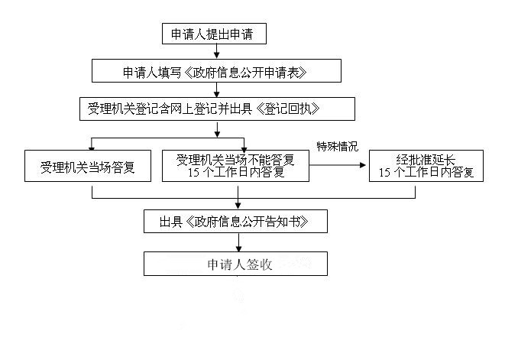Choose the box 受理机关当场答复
pos(92,165)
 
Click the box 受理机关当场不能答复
pos(235,165)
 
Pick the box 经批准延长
pos(426,165)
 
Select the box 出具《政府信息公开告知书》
pos(236,222)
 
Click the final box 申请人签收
pos(236,264)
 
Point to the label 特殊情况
pos(337,145)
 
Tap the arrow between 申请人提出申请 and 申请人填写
pos(217,52)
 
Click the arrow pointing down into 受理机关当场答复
pos(92,144)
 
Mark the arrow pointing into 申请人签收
pos(238,244)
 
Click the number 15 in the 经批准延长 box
pos(385,173)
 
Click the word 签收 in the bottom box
pos(259,264)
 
